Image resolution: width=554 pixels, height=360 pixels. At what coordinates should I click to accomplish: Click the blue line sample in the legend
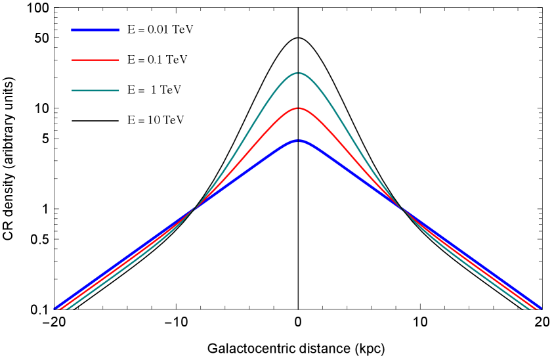click(96, 30)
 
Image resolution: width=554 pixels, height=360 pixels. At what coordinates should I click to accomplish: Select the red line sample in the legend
click(96, 60)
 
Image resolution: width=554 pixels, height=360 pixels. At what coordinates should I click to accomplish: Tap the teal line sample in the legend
click(96, 90)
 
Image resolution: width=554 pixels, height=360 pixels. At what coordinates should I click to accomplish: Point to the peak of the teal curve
click(299, 73)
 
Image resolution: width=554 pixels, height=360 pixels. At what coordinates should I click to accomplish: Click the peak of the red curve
click(299, 108)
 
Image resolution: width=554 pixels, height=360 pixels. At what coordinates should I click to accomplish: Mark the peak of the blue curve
click(299, 141)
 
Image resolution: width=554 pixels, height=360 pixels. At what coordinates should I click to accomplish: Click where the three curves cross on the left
click(194, 210)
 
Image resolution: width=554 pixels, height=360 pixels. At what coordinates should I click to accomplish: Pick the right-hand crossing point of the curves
click(402, 209)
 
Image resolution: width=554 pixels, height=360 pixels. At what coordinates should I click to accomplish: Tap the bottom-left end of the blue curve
click(54, 308)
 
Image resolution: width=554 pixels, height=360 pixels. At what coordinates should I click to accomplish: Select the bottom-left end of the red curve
click(60, 308)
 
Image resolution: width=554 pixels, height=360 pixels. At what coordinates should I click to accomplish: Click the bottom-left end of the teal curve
click(67, 308)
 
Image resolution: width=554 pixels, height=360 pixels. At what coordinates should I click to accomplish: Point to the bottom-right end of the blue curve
click(541, 308)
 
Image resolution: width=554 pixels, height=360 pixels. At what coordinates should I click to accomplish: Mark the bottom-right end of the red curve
click(536, 308)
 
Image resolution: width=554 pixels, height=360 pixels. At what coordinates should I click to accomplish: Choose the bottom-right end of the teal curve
click(529, 308)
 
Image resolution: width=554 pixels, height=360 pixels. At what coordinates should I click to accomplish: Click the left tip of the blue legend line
click(72, 30)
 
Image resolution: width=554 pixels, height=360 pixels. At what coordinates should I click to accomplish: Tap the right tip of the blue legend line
click(119, 30)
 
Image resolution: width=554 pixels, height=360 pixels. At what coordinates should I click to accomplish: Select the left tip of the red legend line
click(72, 60)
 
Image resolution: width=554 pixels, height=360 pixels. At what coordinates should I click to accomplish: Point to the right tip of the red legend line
click(119, 60)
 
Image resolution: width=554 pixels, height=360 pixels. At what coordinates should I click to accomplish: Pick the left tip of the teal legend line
click(72, 90)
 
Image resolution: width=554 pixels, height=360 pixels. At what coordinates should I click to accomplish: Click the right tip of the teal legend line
click(119, 90)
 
